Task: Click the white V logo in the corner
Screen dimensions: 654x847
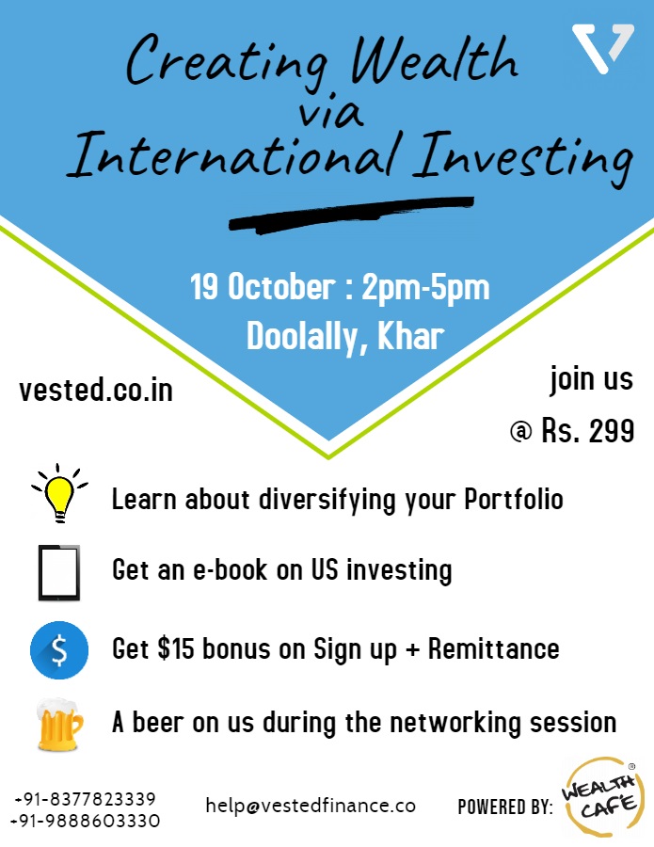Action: point(601,48)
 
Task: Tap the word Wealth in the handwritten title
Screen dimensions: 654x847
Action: point(434,59)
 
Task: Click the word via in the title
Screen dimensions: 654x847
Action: point(330,112)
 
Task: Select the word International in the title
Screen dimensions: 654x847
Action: point(234,155)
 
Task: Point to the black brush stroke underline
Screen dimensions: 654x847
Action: point(351,215)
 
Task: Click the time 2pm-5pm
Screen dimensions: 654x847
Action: point(425,287)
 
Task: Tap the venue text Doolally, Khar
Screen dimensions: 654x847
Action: point(345,337)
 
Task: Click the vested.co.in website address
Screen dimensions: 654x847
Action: point(96,390)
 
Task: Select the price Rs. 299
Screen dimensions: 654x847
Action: point(587,431)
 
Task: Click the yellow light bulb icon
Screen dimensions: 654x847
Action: point(59,493)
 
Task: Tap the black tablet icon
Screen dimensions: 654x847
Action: point(59,572)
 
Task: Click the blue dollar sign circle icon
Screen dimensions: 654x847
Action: point(59,649)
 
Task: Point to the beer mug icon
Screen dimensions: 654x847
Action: point(59,725)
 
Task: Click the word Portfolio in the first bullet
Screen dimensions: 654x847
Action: point(514,499)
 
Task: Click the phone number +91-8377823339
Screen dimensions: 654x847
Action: point(86,799)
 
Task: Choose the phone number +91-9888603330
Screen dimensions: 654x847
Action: point(86,821)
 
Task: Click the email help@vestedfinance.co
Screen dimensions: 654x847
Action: point(311,806)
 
